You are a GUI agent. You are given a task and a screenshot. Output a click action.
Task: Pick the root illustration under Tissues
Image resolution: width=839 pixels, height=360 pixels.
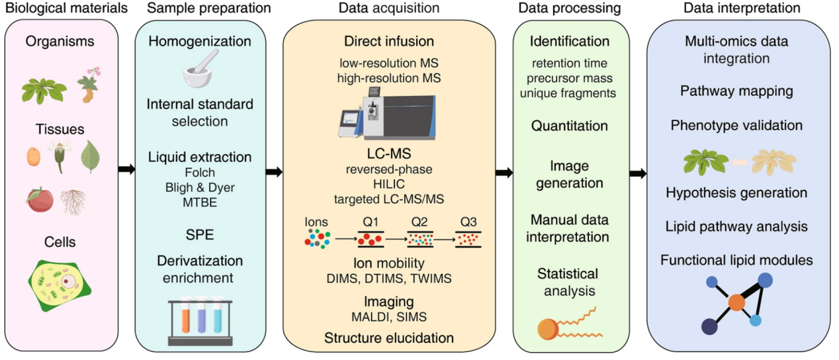point(72,201)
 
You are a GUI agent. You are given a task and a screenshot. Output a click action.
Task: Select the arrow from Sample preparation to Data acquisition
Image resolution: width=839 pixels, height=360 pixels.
point(273,172)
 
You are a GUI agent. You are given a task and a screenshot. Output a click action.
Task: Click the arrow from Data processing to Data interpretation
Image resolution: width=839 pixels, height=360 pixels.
point(638,173)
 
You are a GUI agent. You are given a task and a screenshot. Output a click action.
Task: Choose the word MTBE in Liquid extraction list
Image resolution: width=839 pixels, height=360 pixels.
point(199,201)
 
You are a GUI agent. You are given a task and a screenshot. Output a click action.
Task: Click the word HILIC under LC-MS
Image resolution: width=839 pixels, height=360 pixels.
point(389,183)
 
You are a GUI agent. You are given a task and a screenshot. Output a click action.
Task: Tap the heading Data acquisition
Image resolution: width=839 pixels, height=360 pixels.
point(389,9)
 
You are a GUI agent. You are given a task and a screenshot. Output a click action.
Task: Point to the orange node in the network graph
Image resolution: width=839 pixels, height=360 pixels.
point(736,302)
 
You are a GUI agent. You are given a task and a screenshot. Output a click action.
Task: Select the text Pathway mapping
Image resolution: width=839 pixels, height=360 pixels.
point(736,91)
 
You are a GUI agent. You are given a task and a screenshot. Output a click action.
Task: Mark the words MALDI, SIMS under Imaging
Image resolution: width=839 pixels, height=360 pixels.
point(389,316)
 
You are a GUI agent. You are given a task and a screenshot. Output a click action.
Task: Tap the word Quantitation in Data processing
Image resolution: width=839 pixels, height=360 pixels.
point(570,126)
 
